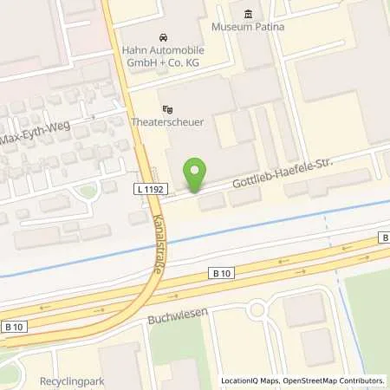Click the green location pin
[197, 176]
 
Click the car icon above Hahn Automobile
[162, 38]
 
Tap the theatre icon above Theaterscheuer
[167, 109]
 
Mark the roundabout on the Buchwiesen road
[257, 309]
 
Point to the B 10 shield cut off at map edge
[385, 237]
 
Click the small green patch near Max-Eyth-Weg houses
[88, 190]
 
